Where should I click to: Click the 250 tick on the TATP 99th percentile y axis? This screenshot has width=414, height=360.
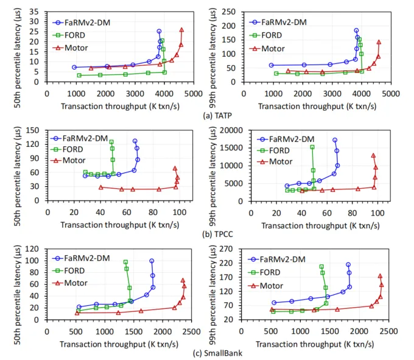tap(235, 12)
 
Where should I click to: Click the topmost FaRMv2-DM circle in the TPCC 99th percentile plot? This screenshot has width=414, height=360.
tap(334, 140)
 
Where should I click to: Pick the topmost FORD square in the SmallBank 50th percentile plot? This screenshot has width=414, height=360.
tap(125, 262)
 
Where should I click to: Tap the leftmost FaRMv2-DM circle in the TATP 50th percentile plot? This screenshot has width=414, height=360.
tap(74, 67)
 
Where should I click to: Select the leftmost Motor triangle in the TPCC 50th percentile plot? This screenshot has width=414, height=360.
tap(100, 187)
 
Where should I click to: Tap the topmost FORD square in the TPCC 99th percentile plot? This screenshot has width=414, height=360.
tap(312, 147)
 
